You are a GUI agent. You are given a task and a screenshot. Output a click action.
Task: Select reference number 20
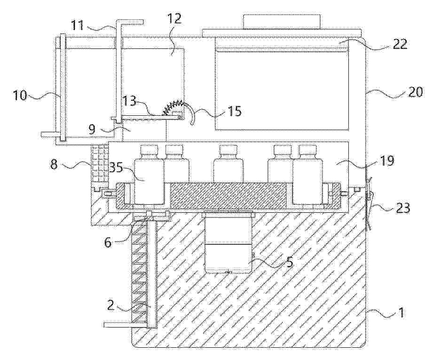click(415, 92)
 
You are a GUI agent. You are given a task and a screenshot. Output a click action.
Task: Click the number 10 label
click(20, 96)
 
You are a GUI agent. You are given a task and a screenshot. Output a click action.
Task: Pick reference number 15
click(234, 111)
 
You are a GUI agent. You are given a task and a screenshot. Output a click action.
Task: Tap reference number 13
click(129, 101)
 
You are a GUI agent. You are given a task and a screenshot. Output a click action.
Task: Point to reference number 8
click(54, 165)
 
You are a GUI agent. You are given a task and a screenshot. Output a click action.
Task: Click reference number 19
click(387, 160)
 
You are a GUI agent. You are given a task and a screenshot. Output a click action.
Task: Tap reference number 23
click(402, 208)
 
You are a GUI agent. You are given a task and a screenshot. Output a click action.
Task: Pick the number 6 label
click(108, 242)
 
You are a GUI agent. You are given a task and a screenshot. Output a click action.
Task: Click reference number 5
click(290, 263)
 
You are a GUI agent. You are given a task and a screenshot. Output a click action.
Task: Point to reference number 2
click(110, 306)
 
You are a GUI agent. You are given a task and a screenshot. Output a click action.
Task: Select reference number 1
click(401, 313)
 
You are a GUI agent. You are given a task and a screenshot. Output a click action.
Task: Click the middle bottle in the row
click(228, 164)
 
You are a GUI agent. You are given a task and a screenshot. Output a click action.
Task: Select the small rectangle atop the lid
click(282, 22)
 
